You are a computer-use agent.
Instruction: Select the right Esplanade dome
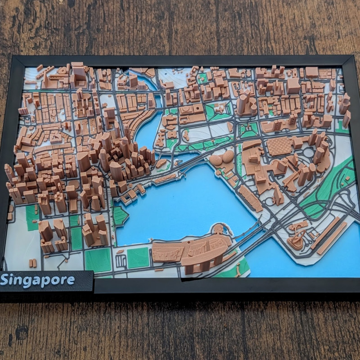coord(228,156)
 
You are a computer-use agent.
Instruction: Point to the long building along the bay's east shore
coord(250,198)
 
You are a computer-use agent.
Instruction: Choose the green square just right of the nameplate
coord(98,260)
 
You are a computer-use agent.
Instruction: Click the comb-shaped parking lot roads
coord(121,260)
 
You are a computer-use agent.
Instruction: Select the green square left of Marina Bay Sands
coord(138,257)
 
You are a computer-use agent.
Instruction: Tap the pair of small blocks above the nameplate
coord(32,263)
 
